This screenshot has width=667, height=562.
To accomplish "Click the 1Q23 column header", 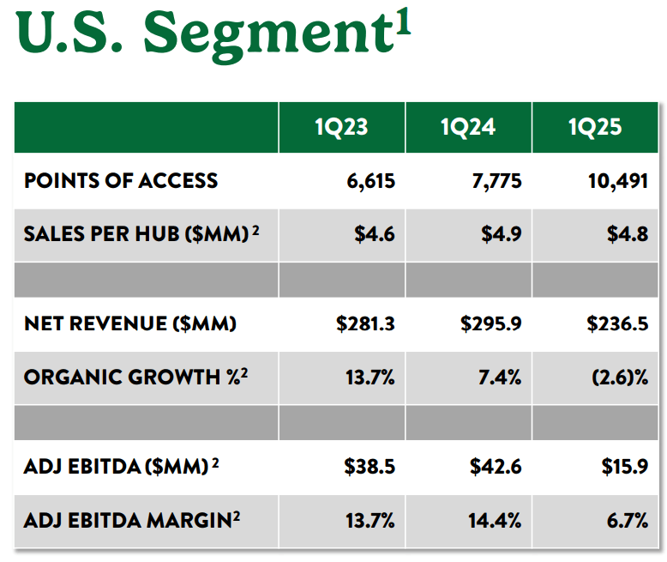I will tap(340, 128).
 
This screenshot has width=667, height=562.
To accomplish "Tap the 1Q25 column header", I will tap(595, 128).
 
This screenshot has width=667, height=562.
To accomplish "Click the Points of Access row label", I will tap(121, 180).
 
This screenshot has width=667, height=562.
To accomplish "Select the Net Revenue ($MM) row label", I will tap(130, 323).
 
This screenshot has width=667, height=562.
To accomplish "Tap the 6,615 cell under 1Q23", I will tap(370, 180).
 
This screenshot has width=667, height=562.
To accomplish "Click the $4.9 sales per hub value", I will tap(501, 234).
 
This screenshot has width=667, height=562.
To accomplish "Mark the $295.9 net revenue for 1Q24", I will tap(490, 323).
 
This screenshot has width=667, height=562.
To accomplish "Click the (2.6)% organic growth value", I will tap(616, 377).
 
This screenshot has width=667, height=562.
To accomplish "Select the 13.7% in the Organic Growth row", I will tap(370, 377).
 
